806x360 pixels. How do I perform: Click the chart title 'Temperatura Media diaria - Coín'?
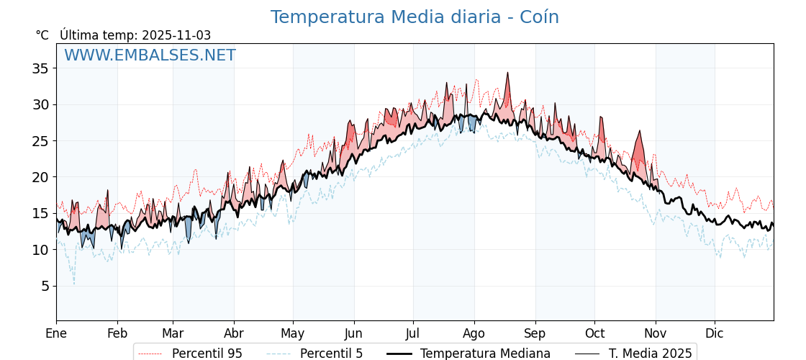coord(415,17)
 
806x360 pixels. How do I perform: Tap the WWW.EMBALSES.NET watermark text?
coord(150,55)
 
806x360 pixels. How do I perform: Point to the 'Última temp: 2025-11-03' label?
coord(135,35)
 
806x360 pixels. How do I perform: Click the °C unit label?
coord(42,35)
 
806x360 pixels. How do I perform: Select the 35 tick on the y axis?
coord(40,68)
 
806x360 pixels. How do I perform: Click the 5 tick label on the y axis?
coord(44,286)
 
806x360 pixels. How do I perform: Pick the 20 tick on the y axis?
coord(40,177)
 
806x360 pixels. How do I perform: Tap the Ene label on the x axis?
coord(56,333)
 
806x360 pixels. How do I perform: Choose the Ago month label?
coord(474,333)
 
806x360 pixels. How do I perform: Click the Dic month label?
coord(715,333)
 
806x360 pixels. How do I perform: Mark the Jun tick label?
coord(353,333)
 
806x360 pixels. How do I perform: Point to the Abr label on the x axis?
coord(234,333)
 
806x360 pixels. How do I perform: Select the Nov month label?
coord(656,333)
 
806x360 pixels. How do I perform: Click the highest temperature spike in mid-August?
coord(507,73)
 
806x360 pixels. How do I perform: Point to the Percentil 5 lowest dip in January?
coord(73,283)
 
